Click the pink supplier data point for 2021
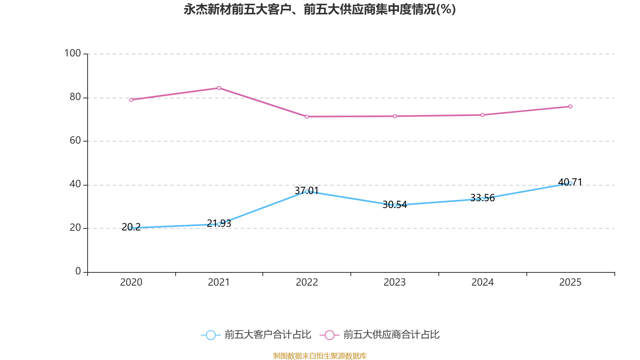[x=219, y=88]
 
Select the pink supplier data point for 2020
[x=131, y=100]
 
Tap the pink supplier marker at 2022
[x=307, y=116]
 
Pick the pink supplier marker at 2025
[x=570, y=106]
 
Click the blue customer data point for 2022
[x=307, y=191]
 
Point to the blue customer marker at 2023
[x=395, y=205]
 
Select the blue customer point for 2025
[x=570, y=183]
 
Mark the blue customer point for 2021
[x=219, y=224]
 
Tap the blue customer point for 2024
[x=482, y=199]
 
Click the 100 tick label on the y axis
[x=72, y=53]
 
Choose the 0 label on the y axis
[x=78, y=271]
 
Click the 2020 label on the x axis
[x=131, y=282]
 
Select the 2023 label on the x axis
[x=395, y=282]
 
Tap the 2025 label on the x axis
[x=570, y=282]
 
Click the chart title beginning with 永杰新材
[x=320, y=9]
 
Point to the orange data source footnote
[x=320, y=356]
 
